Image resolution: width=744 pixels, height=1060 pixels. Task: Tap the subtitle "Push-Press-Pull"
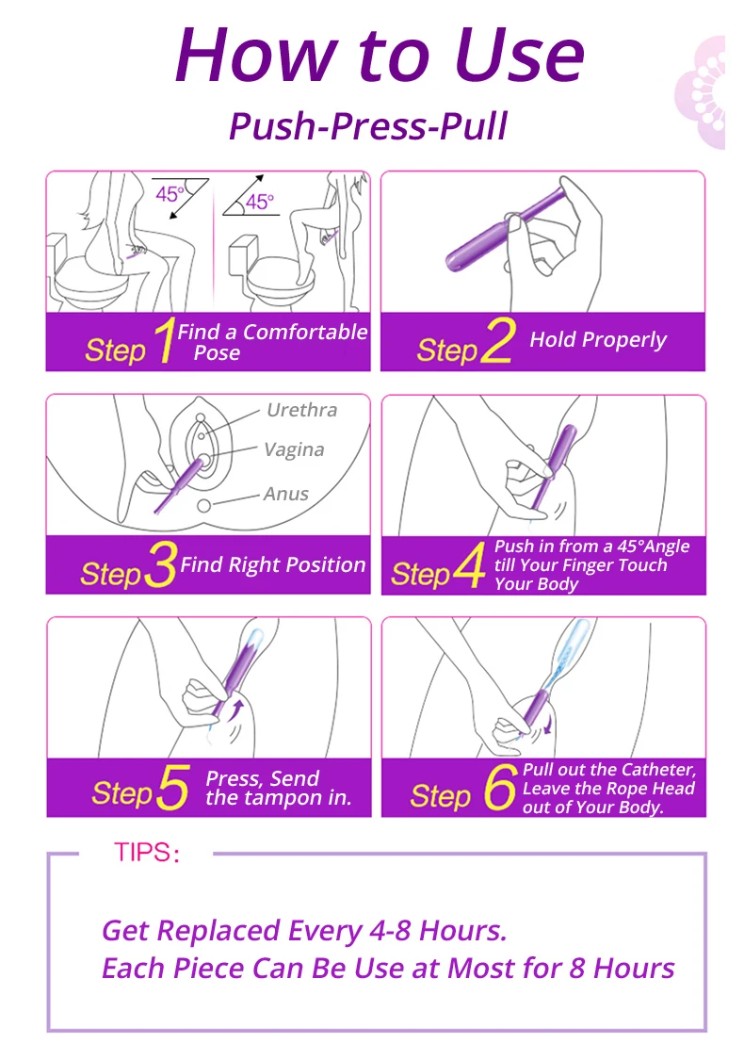click(368, 125)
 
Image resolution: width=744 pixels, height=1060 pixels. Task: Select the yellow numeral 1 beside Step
click(164, 340)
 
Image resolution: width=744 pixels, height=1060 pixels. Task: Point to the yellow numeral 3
click(161, 563)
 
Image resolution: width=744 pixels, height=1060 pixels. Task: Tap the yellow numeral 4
click(468, 565)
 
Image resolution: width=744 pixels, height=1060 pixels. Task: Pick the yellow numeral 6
click(500, 787)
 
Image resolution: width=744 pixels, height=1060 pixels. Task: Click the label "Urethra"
click(301, 410)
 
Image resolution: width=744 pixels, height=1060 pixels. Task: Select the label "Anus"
click(286, 494)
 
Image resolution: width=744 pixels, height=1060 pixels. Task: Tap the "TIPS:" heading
click(147, 853)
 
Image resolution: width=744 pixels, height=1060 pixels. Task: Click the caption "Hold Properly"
click(598, 339)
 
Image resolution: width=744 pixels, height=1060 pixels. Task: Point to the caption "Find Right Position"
click(273, 564)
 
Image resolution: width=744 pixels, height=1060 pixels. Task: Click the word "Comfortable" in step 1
click(305, 332)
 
